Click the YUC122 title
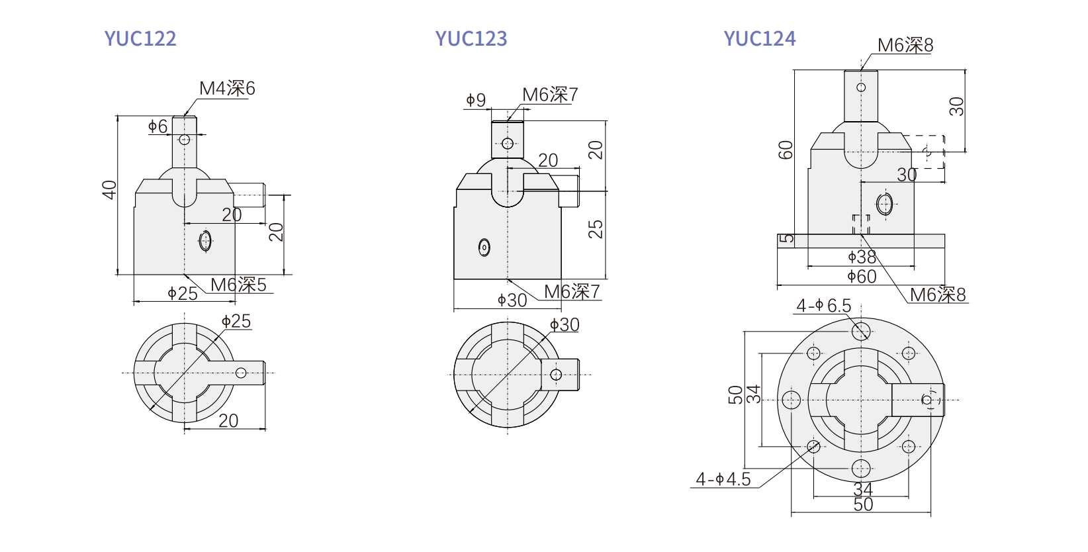click(x=140, y=38)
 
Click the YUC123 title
click(x=471, y=38)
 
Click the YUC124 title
click(x=760, y=38)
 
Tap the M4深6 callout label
click(x=227, y=89)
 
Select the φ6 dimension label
click(x=158, y=126)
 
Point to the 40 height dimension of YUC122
click(x=109, y=190)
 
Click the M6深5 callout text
click(x=238, y=285)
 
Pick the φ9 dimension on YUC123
click(x=476, y=100)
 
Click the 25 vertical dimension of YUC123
click(x=596, y=229)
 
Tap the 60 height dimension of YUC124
click(x=786, y=150)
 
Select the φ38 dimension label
click(x=862, y=257)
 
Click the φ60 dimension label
click(x=862, y=277)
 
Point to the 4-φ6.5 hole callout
click(x=824, y=306)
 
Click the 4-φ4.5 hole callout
click(x=723, y=479)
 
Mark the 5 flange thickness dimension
click(x=786, y=239)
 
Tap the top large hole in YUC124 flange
click(x=861, y=331)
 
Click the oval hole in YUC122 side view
click(x=206, y=240)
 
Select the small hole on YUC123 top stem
click(x=508, y=144)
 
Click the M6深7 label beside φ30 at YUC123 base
click(x=572, y=292)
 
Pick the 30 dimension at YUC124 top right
click(x=956, y=107)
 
